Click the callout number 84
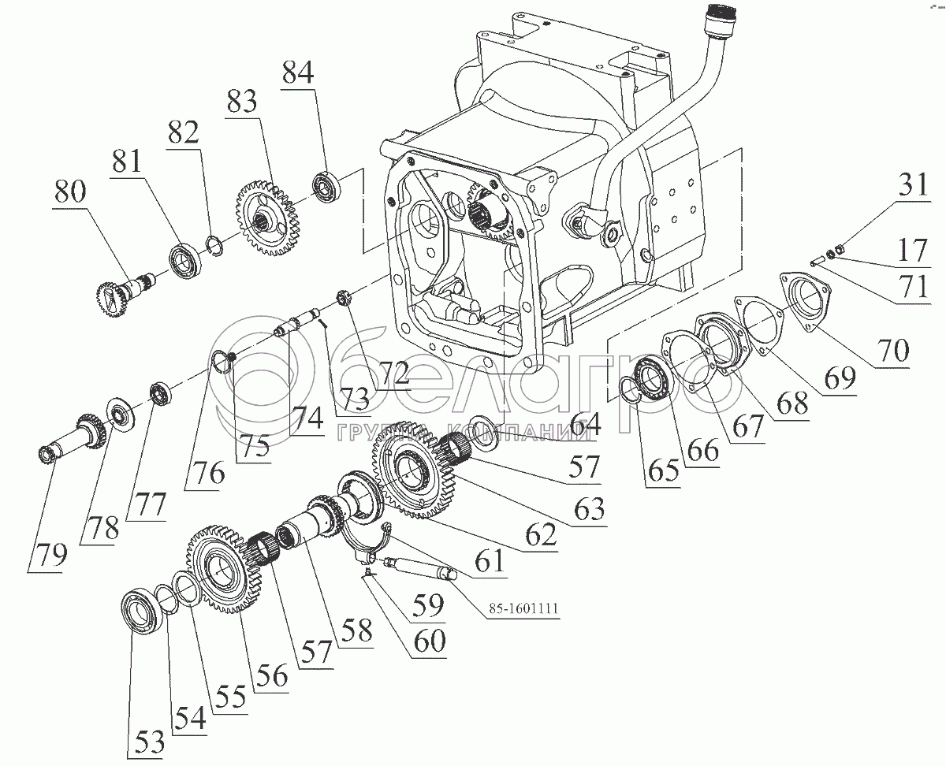[x=298, y=72]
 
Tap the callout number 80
[x=70, y=191]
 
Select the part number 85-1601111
[x=523, y=608]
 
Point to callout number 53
[x=149, y=742]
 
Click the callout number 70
[x=892, y=351]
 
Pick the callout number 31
[x=913, y=184]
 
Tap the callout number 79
[x=51, y=555]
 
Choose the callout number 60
[x=429, y=641]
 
